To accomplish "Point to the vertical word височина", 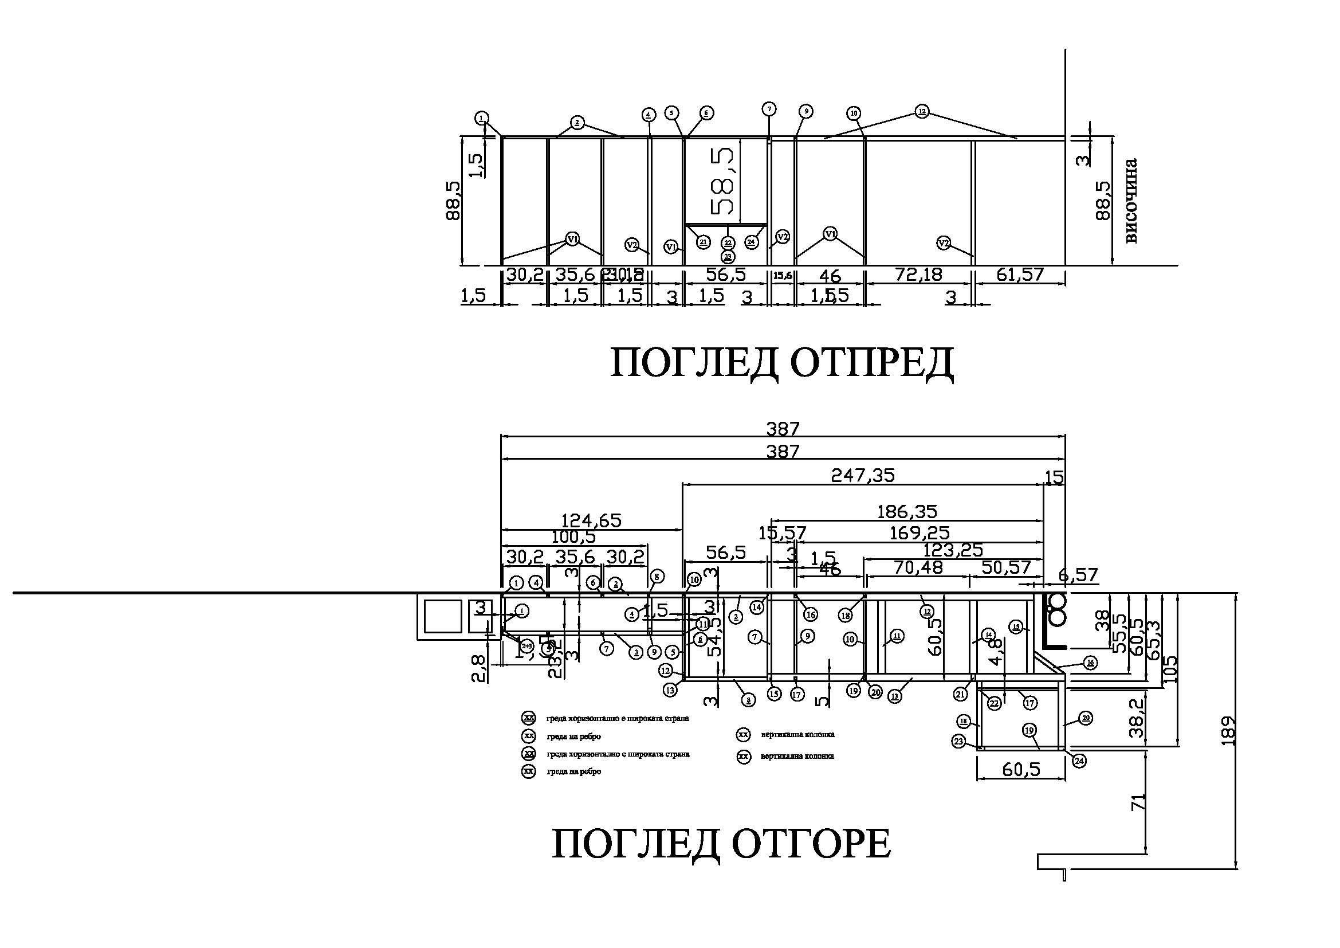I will click(1130, 200).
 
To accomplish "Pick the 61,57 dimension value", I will click(1020, 275).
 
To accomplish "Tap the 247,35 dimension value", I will click(863, 476).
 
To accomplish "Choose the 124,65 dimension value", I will click(591, 520).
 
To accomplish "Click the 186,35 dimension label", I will click(907, 512).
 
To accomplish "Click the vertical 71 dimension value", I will click(1139, 801).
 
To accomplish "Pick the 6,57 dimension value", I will click(1079, 575).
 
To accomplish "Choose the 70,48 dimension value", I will click(918, 567).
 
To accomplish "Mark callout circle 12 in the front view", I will click(922, 111).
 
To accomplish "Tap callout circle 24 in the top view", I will click(1079, 761).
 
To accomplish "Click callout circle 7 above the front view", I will click(769, 109).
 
